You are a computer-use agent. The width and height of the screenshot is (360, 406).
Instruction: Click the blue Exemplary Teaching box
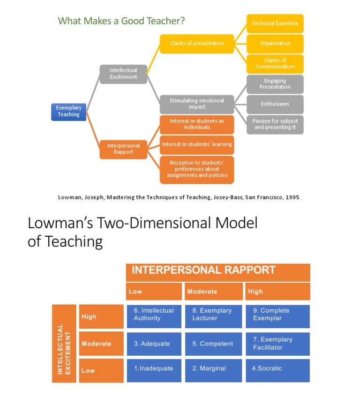[68, 112]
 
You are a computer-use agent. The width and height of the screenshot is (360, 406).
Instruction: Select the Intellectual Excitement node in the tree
[123, 74]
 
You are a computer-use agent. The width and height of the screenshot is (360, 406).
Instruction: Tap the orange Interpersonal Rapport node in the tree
[123, 149]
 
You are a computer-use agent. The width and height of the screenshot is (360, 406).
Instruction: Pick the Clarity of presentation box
[197, 44]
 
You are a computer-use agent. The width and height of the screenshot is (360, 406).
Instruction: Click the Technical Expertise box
[275, 23]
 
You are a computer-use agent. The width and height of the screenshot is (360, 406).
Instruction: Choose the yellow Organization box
[275, 44]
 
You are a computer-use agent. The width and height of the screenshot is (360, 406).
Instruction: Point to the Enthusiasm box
[275, 104]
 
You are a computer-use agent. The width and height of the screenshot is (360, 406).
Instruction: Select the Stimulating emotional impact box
[197, 104]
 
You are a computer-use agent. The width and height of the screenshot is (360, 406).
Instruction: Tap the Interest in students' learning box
[197, 144]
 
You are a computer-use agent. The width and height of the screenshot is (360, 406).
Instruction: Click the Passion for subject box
[275, 124]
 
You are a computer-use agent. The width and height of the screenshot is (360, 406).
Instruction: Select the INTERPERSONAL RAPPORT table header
[204, 271]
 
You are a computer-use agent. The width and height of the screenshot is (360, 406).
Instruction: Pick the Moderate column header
[214, 291]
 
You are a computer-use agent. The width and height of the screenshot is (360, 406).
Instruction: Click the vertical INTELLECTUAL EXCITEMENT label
[64, 343]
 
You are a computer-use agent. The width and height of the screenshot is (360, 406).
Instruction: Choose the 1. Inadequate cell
[154, 369]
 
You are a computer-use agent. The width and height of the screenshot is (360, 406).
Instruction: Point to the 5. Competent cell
[213, 344]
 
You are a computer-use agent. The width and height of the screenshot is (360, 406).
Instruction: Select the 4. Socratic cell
[277, 369]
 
